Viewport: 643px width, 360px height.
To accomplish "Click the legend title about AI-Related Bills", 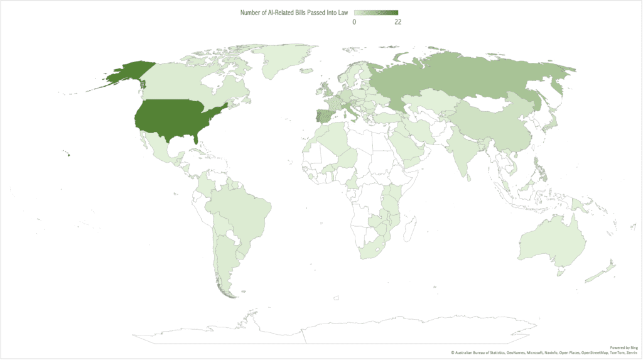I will [x=294, y=13].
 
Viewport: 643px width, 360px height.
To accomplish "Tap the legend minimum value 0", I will [x=354, y=22].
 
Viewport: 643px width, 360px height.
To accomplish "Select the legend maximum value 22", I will [x=397, y=22].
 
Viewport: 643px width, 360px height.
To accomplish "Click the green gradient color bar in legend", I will [x=376, y=13].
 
